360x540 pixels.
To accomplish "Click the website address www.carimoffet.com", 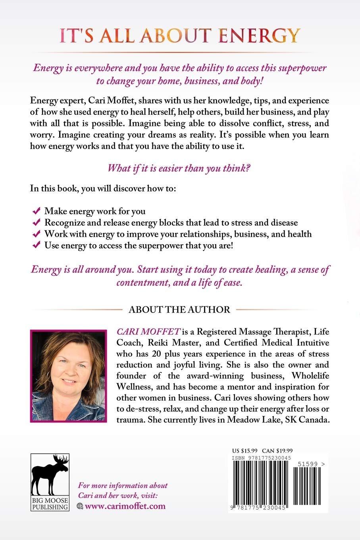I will [125, 506].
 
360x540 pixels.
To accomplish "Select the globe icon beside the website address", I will [80, 506].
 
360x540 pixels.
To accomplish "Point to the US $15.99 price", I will [245, 451].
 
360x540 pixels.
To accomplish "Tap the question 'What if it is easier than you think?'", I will [179, 168].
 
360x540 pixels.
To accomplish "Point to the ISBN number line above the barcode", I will [262, 458].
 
